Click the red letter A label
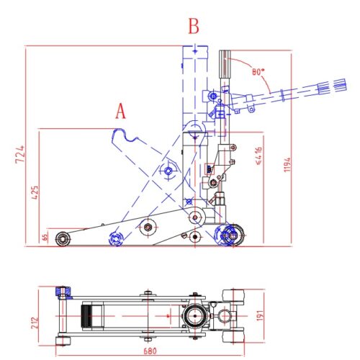click(x=121, y=111)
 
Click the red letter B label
click(x=193, y=27)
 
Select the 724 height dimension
click(x=19, y=153)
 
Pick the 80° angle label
click(x=258, y=72)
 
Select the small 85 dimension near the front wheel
click(x=45, y=235)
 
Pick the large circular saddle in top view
click(x=194, y=315)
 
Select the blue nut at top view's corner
click(x=62, y=292)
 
